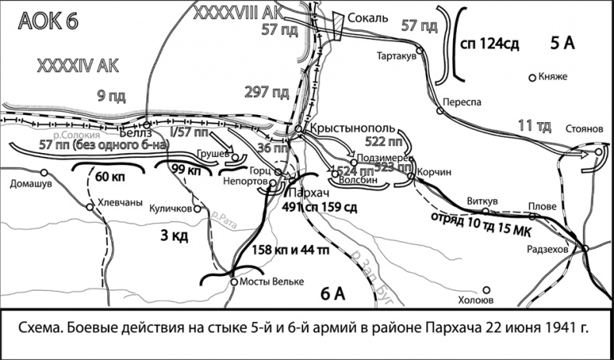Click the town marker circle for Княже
532,78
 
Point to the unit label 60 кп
110,177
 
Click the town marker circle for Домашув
12,174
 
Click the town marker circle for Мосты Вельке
234,282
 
